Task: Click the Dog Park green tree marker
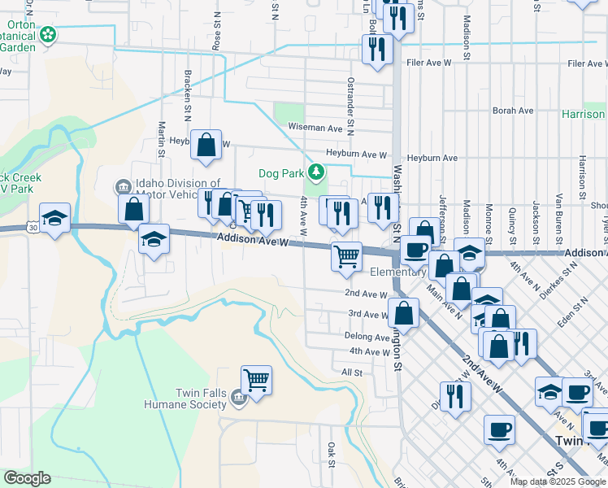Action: point(316,172)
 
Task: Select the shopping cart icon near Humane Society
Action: point(257,379)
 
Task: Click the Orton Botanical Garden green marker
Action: point(49,35)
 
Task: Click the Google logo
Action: point(26,478)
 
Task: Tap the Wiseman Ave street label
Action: point(315,128)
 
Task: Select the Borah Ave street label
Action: point(512,110)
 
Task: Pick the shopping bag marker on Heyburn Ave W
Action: point(207,144)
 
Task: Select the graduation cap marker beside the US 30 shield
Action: point(55,218)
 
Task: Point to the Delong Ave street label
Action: point(367,337)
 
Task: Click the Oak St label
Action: point(332,454)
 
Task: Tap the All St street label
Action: point(351,372)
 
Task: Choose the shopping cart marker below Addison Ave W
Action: point(347,256)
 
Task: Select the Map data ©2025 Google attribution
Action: point(557,481)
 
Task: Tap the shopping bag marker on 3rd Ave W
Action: point(403,313)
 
